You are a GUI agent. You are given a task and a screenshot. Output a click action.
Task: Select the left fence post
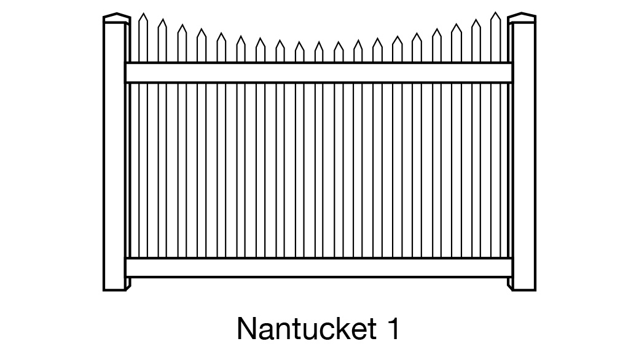(114, 154)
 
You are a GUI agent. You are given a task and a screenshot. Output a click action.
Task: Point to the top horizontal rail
(319, 72)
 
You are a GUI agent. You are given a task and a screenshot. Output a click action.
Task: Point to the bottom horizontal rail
(319, 268)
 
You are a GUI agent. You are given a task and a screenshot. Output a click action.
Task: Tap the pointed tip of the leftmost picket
(143, 15)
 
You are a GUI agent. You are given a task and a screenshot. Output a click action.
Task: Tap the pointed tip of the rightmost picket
(495, 14)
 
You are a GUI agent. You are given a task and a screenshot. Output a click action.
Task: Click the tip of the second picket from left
(162, 21)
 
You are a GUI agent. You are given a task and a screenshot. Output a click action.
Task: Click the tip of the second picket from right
(476, 21)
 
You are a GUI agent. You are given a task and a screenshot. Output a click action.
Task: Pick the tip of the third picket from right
(456, 26)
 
